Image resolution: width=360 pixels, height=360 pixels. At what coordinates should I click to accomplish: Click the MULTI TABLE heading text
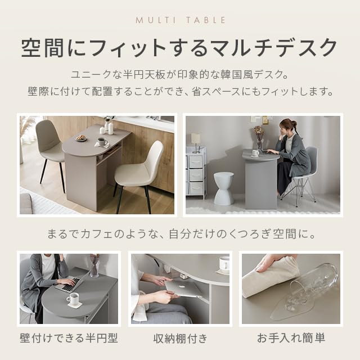180,20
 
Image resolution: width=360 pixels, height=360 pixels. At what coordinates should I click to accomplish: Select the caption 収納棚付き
180,339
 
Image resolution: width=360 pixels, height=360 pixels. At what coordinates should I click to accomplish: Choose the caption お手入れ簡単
291,339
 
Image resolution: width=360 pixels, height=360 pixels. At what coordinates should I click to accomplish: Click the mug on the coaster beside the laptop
73,299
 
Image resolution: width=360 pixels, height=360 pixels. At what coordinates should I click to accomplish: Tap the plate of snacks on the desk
82,137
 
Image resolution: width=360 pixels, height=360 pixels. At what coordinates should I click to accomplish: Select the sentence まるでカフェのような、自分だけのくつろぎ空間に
180,233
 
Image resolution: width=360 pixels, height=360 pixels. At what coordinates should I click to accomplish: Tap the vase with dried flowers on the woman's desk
259,138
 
